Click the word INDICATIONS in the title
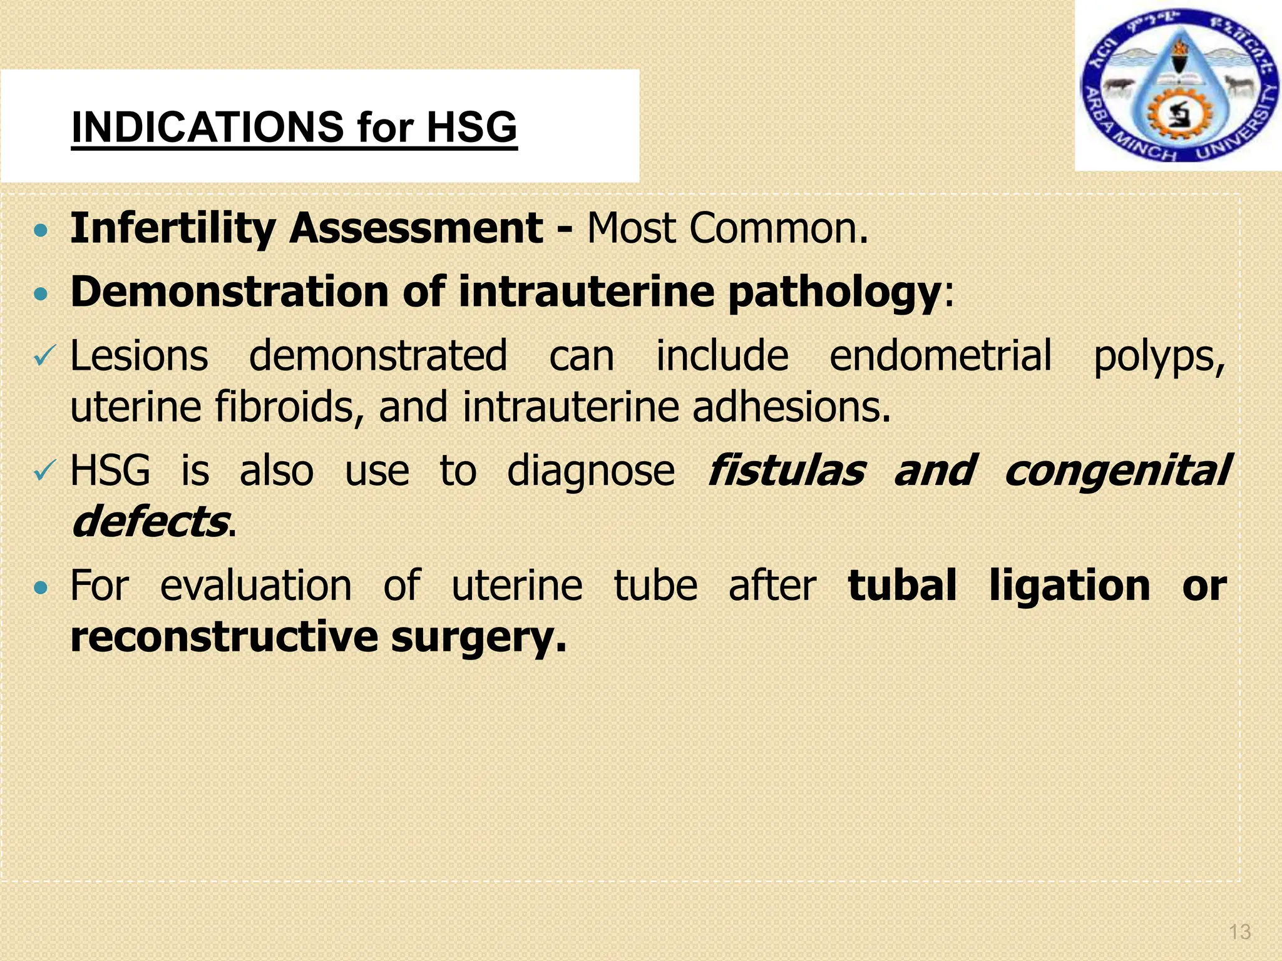tap(207, 128)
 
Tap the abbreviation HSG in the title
tap(471, 128)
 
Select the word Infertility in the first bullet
tap(173, 228)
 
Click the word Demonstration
tap(230, 292)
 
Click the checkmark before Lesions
tap(44, 357)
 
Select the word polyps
tap(1159, 357)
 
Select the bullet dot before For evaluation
tap(41, 588)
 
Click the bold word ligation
tap(1069, 587)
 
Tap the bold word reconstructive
tap(223, 638)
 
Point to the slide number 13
tap(1239, 932)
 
